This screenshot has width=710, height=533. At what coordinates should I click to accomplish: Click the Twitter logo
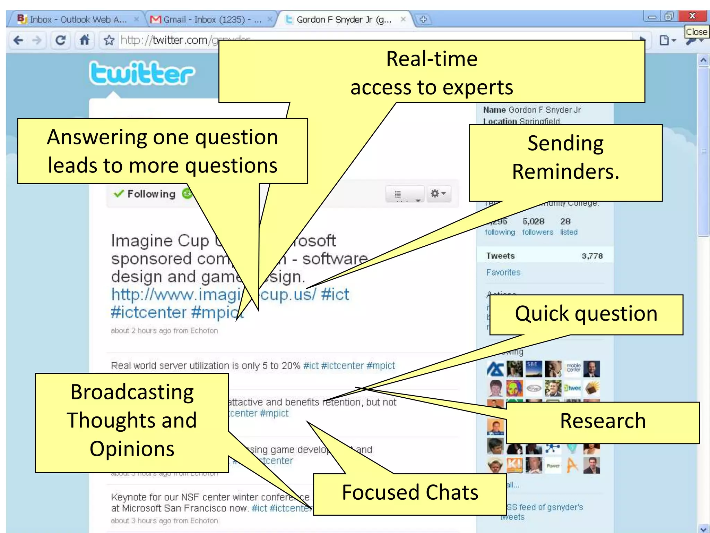pyautogui.click(x=141, y=73)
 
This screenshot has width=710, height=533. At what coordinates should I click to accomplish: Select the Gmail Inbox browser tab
pyautogui.click(x=208, y=19)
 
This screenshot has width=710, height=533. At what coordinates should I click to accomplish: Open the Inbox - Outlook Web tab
pyautogui.click(x=76, y=19)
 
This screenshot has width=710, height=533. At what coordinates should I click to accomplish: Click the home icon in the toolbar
pyautogui.click(x=85, y=40)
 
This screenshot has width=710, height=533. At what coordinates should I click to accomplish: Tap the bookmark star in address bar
pyautogui.click(x=109, y=40)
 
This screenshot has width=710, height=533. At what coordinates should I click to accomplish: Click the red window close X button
pyautogui.click(x=692, y=16)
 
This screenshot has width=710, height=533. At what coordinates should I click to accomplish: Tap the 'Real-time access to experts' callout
pyautogui.click(x=432, y=73)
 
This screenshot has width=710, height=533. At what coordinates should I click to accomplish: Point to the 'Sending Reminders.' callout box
pyautogui.click(x=565, y=158)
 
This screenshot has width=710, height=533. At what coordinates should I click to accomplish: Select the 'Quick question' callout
pyautogui.click(x=586, y=314)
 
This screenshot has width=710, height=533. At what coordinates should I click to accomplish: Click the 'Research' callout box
pyautogui.click(x=603, y=422)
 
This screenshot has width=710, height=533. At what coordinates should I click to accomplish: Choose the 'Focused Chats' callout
pyautogui.click(x=410, y=493)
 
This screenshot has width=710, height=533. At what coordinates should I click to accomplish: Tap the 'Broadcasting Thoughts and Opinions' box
pyautogui.click(x=132, y=421)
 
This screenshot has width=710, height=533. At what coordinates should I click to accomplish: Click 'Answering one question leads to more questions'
pyautogui.click(x=162, y=151)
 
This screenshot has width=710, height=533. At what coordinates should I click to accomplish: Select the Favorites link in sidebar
pyautogui.click(x=503, y=273)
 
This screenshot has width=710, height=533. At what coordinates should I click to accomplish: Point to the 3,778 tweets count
pyautogui.click(x=592, y=256)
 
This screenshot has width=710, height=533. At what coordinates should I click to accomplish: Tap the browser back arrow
pyautogui.click(x=18, y=41)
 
